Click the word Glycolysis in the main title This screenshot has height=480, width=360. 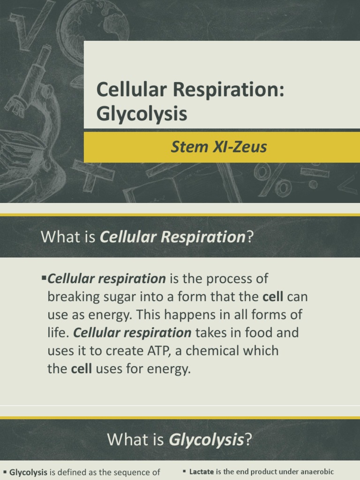coord(142,114)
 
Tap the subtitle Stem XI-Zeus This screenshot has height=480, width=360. coord(218,147)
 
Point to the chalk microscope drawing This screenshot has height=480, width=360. coord(33,94)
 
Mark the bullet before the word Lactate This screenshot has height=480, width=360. coord(185,472)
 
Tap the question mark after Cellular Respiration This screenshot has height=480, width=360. coord(249,237)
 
